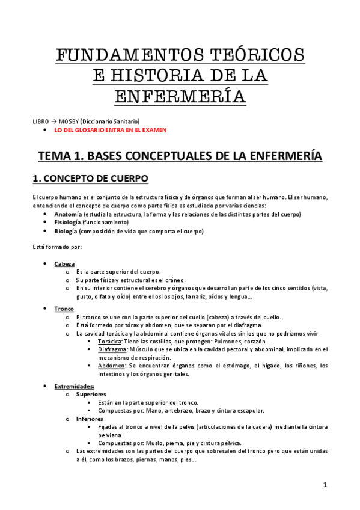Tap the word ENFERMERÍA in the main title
coord(180,96)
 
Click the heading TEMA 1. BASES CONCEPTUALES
coord(180,156)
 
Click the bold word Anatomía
coord(68,214)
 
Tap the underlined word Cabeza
coord(64,264)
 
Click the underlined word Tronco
coord(64,309)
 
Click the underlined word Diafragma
coord(112,349)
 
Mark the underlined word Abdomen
coord(111,366)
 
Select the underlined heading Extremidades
coord(74,386)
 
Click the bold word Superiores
coord(91,395)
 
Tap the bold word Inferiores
coord(90,419)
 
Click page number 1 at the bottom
coord(325,484)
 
